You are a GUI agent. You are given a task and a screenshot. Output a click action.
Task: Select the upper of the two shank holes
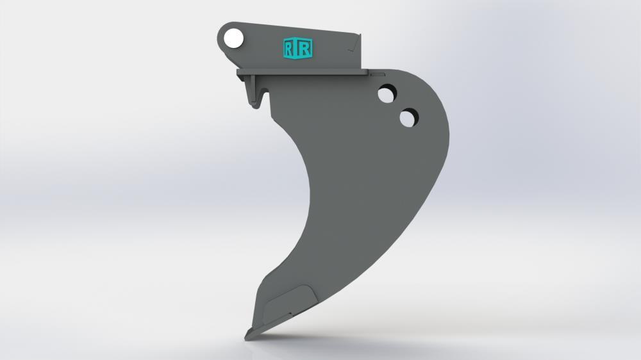pos(387,95)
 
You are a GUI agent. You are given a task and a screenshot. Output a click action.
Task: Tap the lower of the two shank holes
pos(408,118)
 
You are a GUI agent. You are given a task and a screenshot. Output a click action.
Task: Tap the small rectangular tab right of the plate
pos(372,74)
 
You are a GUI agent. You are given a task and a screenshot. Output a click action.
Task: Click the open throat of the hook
pos(264,96)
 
